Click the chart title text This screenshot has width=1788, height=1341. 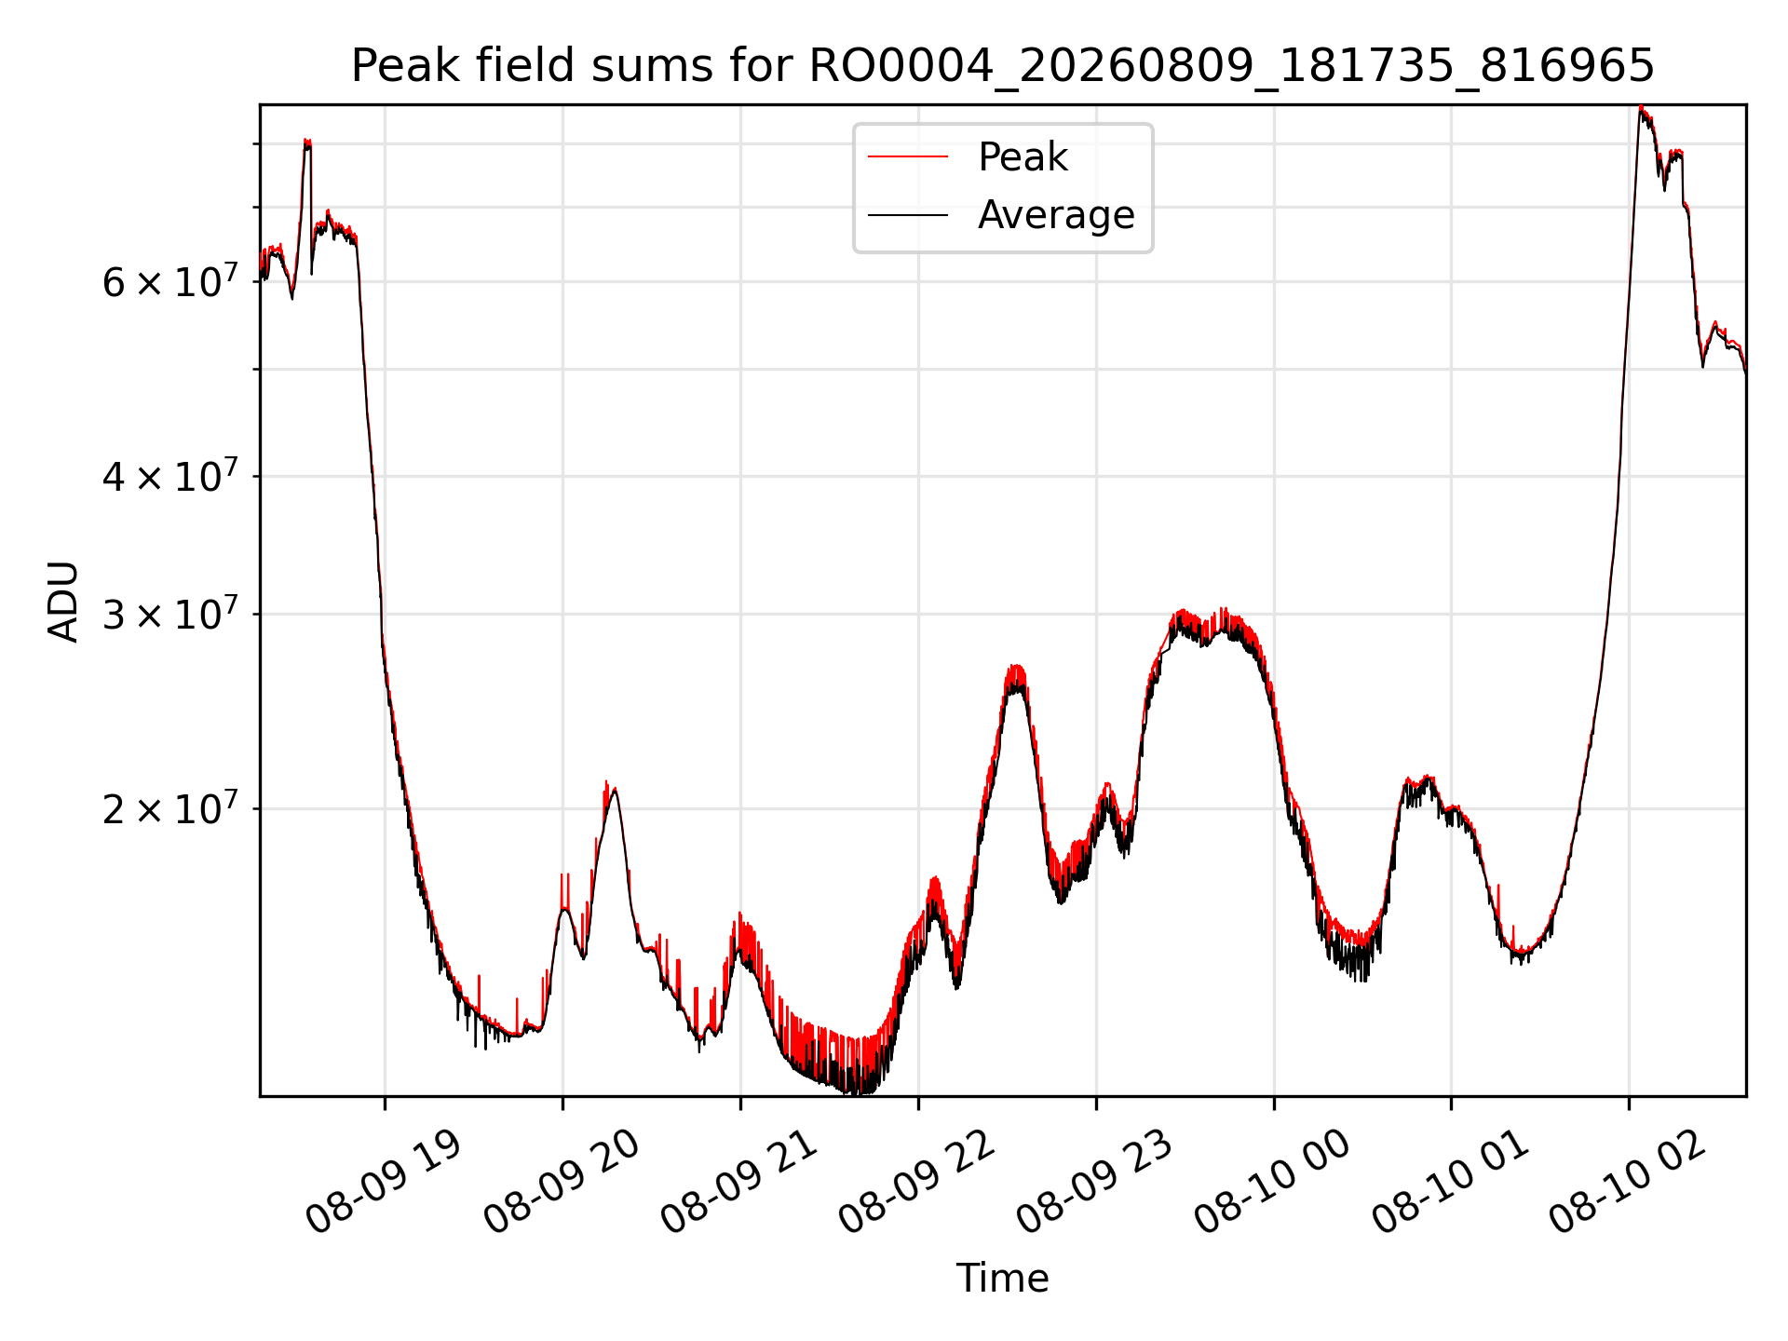[x=1002, y=66]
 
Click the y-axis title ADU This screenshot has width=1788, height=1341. [x=63, y=601]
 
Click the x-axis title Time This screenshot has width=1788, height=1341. [x=1002, y=1279]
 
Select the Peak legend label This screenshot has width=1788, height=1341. [x=1023, y=157]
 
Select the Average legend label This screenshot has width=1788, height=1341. [x=1056, y=215]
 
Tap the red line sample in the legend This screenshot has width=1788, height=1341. [x=908, y=157]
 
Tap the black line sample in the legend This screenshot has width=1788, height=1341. [x=908, y=215]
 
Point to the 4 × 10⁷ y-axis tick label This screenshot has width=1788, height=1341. [x=170, y=475]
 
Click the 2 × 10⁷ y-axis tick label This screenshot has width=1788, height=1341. [x=170, y=807]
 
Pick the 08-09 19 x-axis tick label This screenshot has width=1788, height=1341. [x=385, y=1183]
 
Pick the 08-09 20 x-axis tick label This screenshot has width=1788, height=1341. [x=562, y=1183]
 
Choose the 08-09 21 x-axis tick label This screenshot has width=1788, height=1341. [x=740, y=1183]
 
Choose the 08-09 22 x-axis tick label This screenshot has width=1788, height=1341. [x=918, y=1183]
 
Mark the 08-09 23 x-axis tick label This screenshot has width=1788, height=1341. [x=1095, y=1183]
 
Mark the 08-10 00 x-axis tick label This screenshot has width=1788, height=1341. [x=1273, y=1183]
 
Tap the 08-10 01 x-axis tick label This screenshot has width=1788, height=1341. [x=1451, y=1183]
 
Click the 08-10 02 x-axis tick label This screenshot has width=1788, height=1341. [x=1629, y=1183]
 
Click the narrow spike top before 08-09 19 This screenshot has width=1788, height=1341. [x=307, y=141]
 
